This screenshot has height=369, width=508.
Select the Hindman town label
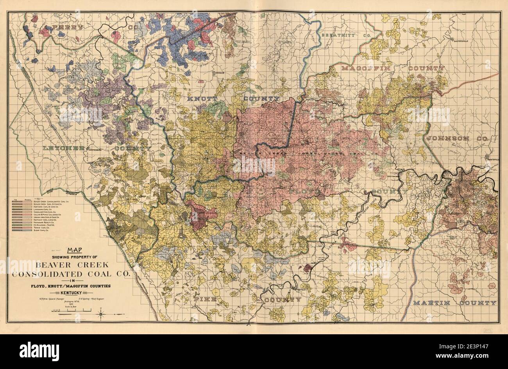[x=218, y=73]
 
